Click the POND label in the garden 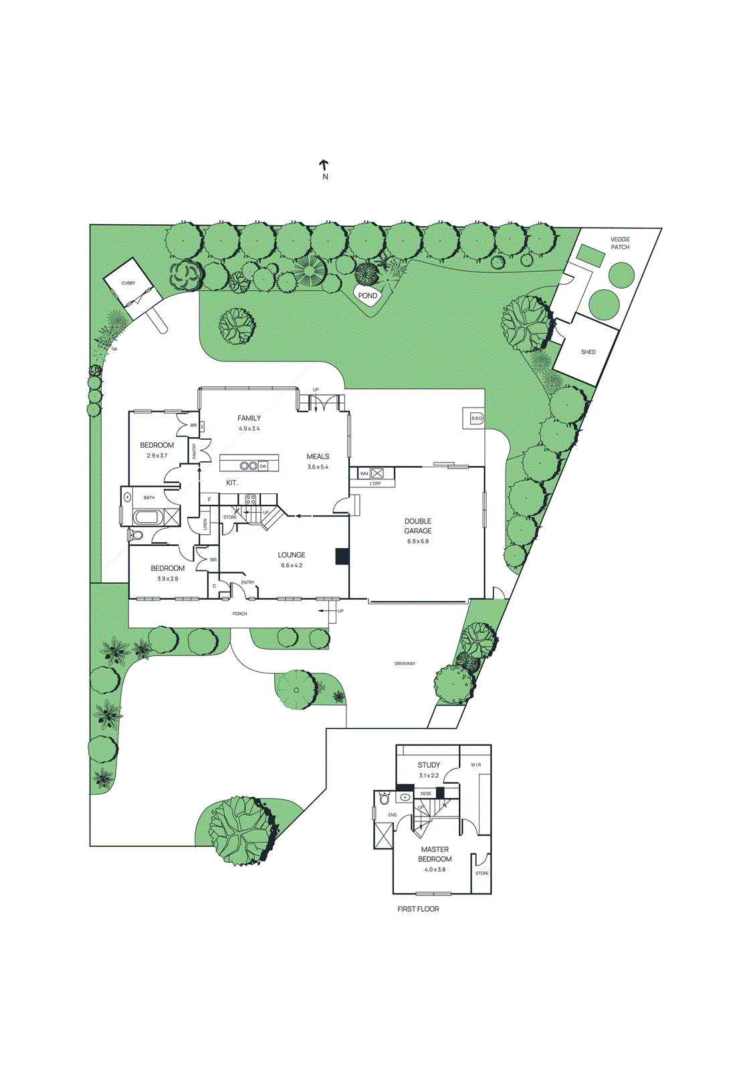coord(367,295)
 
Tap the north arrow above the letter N coord(324,165)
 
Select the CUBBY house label coord(128,283)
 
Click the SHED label coord(588,352)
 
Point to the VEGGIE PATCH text coord(620,243)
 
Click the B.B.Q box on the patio coord(476,418)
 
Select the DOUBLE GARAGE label coord(418,525)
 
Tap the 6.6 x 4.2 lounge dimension coord(292,566)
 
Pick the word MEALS coord(318,457)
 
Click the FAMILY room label coord(249,418)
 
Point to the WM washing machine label coord(364,473)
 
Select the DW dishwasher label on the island coord(263,466)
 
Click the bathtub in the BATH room coord(148,517)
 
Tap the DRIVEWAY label coord(405,663)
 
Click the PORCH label coord(239,613)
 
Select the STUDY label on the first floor coord(429,765)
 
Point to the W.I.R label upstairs coord(475,764)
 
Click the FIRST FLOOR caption coord(418,909)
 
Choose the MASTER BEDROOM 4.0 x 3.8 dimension coord(435,870)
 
